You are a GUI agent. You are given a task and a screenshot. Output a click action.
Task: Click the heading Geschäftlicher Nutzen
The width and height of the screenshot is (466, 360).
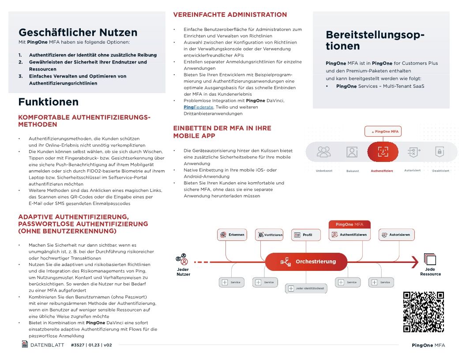point(78,32)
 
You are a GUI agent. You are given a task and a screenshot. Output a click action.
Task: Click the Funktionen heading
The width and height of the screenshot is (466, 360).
point(48,102)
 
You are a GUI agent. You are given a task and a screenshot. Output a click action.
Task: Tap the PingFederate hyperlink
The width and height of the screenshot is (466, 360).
point(198,107)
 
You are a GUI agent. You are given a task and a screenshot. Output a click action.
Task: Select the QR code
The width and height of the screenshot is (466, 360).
point(423,312)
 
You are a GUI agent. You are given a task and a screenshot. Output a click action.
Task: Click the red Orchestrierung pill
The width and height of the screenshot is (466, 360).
point(306,262)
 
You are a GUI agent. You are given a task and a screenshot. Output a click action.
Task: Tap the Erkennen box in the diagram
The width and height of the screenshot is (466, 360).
point(232,235)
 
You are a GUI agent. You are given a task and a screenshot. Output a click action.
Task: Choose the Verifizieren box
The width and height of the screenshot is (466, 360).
point(269,235)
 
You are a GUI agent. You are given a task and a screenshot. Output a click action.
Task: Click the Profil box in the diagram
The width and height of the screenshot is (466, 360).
point(306,235)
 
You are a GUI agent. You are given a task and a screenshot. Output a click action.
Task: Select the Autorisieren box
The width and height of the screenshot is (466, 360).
point(396,235)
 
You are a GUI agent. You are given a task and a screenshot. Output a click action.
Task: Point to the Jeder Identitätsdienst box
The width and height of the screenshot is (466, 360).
point(306,289)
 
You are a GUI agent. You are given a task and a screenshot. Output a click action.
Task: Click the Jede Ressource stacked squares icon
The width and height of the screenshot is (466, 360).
point(429,259)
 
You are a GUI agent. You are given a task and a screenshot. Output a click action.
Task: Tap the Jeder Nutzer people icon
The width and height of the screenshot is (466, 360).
point(182,259)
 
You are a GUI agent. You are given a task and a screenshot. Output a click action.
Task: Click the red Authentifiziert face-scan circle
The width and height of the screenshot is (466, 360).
point(383,152)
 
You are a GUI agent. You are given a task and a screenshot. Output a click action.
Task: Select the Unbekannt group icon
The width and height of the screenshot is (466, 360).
point(324,152)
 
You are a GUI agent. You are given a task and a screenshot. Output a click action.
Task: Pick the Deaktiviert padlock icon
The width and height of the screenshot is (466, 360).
point(439,152)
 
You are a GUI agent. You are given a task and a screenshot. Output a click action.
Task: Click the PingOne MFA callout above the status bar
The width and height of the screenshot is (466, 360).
point(383,131)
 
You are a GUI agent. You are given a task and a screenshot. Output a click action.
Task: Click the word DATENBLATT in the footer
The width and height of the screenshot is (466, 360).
point(47,345)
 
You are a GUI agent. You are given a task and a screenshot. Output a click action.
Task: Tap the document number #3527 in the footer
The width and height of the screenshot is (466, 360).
point(78,345)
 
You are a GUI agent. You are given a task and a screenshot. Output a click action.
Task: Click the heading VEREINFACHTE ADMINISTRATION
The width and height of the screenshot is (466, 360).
point(230,15)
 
